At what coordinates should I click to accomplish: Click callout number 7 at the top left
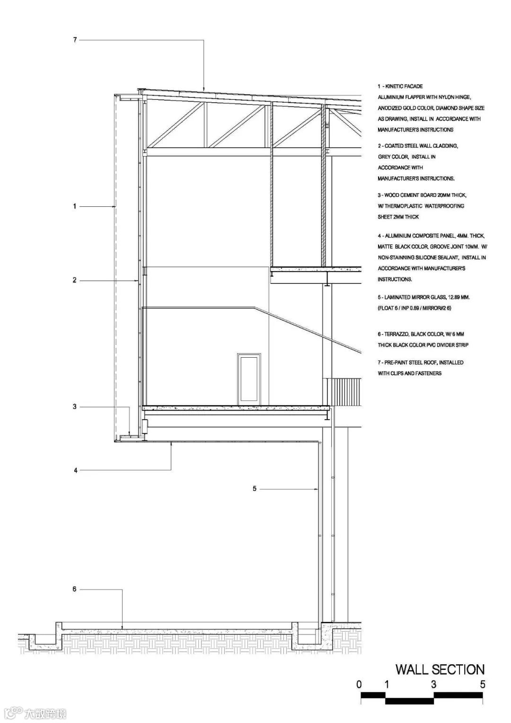pos(75,40)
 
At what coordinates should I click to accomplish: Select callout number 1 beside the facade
pos(74,206)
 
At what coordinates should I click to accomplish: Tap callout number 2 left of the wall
pos(74,280)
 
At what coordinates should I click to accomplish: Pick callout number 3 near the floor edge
pos(74,406)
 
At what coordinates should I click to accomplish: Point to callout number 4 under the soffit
pos(75,470)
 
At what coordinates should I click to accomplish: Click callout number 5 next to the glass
pos(255,489)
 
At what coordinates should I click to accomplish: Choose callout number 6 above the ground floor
pos(74,589)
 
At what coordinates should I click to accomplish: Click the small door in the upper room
pos(249,379)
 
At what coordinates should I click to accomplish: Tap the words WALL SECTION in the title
pos(440,670)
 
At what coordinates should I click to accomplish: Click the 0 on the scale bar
pos(359,684)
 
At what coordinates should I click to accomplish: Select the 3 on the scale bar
pos(433,684)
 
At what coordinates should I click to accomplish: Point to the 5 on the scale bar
pos(483,684)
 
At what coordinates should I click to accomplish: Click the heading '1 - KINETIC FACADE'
pos(400,87)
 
